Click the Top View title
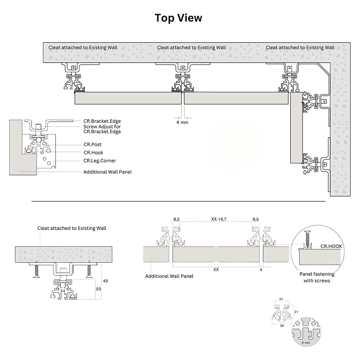click(x=179, y=18)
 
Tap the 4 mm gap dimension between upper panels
click(x=182, y=122)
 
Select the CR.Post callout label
click(x=93, y=144)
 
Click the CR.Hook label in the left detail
click(x=93, y=153)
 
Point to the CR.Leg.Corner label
click(x=100, y=161)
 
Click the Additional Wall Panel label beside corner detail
click(x=107, y=172)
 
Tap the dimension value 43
click(x=105, y=280)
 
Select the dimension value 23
click(x=98, y=288)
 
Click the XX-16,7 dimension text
click(x=216, y=219)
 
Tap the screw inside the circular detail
click(x=308, y=237)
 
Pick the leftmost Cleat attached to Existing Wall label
click(x=83, y=48)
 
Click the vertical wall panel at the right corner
click(x=295, y=128)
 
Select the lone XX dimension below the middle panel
click(x=216, y=269)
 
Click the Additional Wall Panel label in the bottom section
click(x=169, y=276)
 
